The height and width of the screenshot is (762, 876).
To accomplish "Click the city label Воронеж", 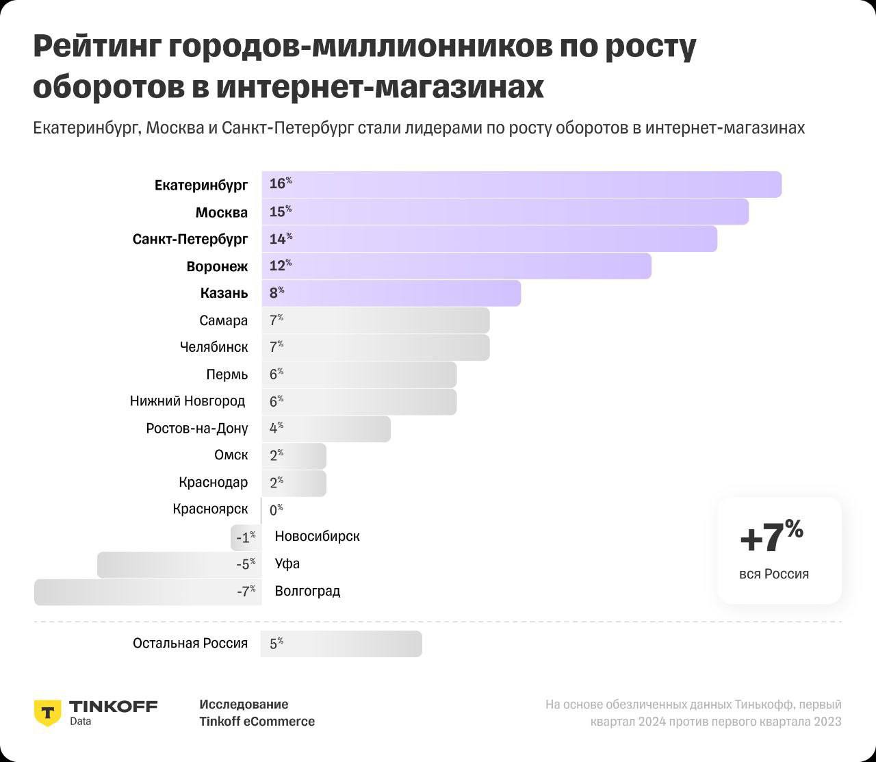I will (x=217, y=266).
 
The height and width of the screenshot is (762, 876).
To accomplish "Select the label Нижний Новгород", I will (x=188, y=401).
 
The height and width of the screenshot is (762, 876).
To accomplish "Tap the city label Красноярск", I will (x=210, y=509).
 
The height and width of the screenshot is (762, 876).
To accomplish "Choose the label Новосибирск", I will (x=317, y=536).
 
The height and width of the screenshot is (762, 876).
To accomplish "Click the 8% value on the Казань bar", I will (x=276, y=293).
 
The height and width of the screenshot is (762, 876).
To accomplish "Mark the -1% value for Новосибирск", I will (x=245, y=537).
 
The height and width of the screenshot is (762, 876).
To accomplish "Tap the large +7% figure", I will (x=771, y=536).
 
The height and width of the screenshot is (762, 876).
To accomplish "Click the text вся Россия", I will (x=773, y=574).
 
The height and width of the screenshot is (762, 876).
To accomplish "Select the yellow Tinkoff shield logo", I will (x=47, y=712).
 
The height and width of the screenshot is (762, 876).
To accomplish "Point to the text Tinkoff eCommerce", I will (x=257, y=722).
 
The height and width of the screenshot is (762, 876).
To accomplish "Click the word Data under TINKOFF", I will (x=80, y=721).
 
